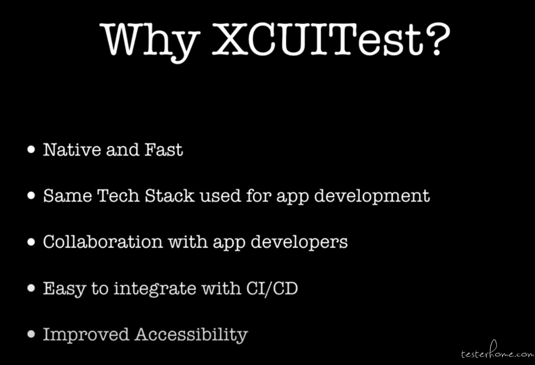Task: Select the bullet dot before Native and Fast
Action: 31,149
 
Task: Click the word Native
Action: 72,150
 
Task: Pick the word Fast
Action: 163,150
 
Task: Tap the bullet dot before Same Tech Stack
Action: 31,195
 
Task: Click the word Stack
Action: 170,195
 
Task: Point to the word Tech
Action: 118,195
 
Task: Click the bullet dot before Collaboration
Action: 31,242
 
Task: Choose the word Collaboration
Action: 103,242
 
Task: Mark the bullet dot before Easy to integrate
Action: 31,288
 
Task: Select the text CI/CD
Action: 272,288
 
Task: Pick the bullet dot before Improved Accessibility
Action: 31,334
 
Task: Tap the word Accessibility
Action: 191,335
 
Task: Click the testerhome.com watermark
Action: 498,351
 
